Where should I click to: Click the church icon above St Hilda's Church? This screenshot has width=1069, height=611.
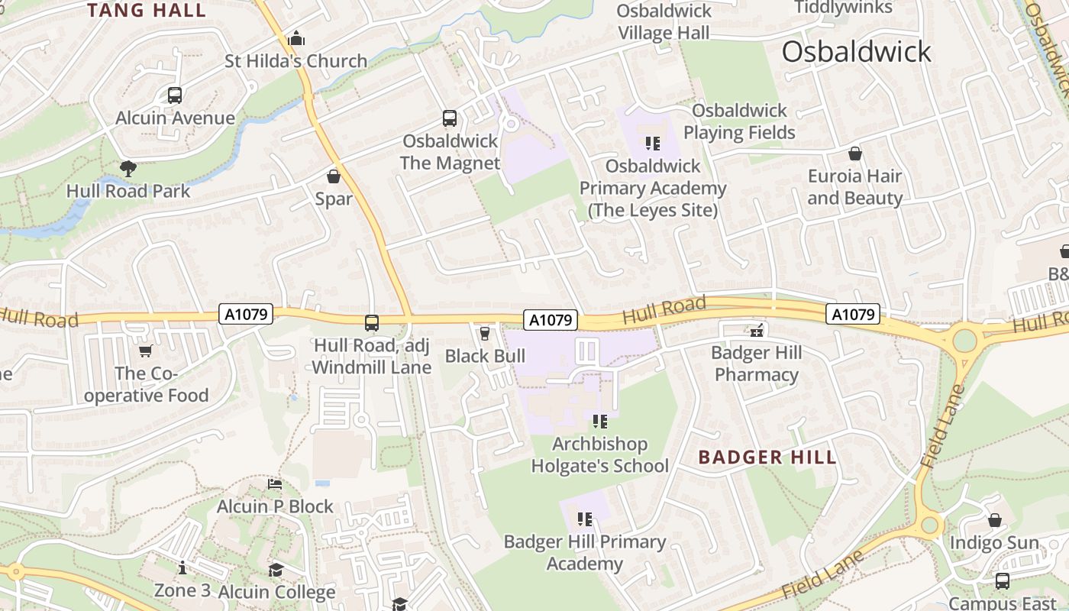[296, 38]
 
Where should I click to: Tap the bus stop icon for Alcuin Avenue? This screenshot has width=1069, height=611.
[175, 95]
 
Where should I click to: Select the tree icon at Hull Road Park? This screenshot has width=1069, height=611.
[128, 168]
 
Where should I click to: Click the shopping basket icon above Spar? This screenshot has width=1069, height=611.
[334, 176]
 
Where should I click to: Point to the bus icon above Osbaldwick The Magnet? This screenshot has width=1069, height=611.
[450, 118]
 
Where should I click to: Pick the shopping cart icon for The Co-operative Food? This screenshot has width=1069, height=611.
[145, 351]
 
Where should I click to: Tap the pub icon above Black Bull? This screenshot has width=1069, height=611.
[484, 333]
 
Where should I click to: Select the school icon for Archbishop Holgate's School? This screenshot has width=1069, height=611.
[599, 421]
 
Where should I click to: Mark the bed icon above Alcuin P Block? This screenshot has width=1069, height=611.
[275, 484]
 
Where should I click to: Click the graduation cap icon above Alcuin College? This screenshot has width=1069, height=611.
[276, 570]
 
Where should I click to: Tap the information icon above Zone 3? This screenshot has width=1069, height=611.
[182, 567]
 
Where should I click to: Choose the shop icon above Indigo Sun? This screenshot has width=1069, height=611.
[995, 520]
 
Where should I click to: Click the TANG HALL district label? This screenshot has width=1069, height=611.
[147, 10]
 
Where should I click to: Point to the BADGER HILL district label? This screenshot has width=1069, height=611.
[767, 457]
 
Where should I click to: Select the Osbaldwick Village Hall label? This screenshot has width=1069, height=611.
[664, 22]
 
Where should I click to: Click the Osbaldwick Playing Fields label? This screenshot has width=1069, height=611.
[739, 121]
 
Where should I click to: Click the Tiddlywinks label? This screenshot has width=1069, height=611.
[843, 8]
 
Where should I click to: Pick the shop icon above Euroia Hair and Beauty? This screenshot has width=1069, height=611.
[855, 154]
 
